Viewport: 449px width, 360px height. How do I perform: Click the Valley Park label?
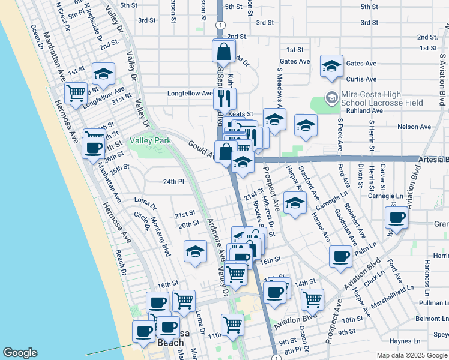point(151,141)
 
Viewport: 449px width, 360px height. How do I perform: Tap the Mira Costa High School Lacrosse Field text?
point(382,99)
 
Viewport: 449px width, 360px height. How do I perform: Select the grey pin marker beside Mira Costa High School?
point(331,97)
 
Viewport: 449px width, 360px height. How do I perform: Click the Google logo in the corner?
point(20,353)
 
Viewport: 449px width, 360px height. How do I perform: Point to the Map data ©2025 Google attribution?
point(412,355)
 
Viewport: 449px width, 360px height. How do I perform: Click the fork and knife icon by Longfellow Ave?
point(224,98)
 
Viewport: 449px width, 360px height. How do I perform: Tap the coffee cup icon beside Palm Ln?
point(341,256)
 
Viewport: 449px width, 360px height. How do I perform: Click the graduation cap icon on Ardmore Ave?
point(195,252)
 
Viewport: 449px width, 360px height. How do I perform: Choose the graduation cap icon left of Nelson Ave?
point(306,126)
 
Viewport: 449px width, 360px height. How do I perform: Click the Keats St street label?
point(240,113)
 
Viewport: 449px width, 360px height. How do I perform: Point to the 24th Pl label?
point(173,181)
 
